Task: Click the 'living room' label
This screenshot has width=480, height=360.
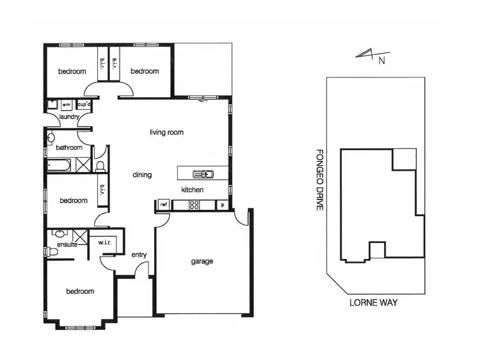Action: [x=166, y=133]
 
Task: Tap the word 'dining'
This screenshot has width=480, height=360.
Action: [x=142, y=175]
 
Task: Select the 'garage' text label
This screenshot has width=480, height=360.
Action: [x=202, y=262]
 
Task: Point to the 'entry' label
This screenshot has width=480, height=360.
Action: [x=139, y=255]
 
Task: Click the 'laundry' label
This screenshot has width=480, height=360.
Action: [x=68, y=117]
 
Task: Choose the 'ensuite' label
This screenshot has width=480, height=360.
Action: [x=67, y=244]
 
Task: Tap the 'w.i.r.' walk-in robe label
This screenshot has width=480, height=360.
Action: [x=106, y=243]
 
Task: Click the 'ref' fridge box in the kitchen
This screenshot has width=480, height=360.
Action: [x=163, y=205]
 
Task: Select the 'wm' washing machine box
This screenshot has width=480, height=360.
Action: [x=65, y=104]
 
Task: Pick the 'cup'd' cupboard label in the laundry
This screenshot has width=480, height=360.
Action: [x=84, y=104]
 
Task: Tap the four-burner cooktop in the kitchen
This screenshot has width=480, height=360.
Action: [x=194, y=205]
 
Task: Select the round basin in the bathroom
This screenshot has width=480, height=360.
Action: [x=52, y=137]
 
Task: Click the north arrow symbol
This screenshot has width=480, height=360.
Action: [x=371, y=57]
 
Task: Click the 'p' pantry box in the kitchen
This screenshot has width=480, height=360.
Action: [x=222, y=205]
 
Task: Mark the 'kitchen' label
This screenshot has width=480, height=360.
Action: [x=192, y=190]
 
